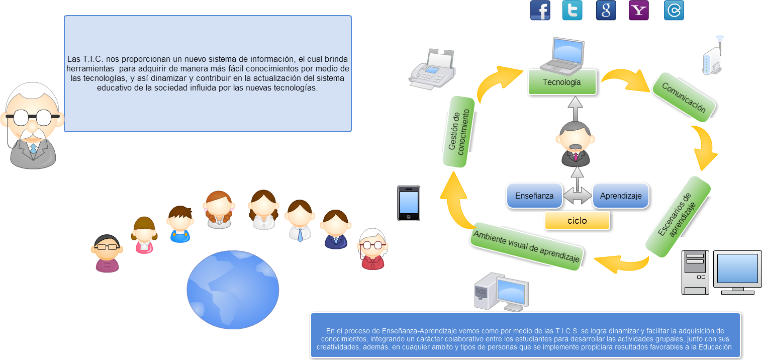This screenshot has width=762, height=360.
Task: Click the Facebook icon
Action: (540, 11)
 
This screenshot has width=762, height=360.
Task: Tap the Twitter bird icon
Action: (572, 11)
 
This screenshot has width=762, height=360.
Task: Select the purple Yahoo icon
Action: (638, 11)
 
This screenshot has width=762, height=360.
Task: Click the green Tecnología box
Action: (561, 82)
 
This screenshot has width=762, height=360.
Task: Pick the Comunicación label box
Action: (684, 99)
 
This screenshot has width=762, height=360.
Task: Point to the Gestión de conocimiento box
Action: (458, 132)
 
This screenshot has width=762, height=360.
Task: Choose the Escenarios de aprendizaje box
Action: (678, 216)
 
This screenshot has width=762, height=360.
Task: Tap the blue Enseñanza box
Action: (534, 196)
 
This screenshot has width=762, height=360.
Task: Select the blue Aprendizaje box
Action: (620, 196)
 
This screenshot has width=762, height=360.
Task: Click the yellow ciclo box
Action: (577, 220)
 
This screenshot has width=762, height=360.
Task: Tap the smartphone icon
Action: (408, 203)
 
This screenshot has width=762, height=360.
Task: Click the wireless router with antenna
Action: (713, 56)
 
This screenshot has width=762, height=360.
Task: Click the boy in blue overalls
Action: (180, 224)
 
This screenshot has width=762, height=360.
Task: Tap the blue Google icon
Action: (606, 11)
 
